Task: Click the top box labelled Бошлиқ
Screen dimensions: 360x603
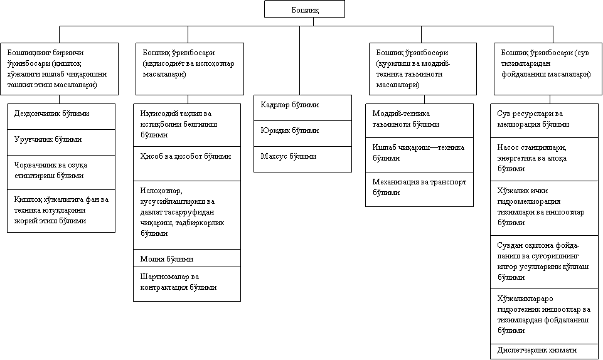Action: tap(304, 9)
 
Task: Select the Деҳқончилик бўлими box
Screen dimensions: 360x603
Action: tap(61, 117)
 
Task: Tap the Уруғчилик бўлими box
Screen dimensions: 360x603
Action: tap(61, 142)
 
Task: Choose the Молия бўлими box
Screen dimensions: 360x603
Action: tap(187, 258)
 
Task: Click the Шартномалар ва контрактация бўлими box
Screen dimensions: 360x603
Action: tap(187, 283)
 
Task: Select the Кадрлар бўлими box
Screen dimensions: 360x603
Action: tap(302, 107)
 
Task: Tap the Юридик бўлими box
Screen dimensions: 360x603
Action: tap(302, 133)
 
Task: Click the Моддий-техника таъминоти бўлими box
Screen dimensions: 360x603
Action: tap(419, 120)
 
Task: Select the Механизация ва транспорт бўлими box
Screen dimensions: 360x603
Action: tap(419, 189)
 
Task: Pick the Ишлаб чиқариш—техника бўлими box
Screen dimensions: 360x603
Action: tap(419, 154)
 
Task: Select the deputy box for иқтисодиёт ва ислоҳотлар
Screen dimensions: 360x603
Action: tap(189, 68)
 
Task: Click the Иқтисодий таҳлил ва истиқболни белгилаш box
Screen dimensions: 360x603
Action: tap(187, 124)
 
